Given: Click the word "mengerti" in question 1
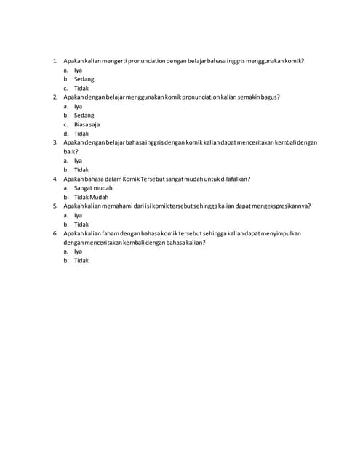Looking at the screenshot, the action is click(113, 61).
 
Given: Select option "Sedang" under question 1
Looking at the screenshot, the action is click(84, 79).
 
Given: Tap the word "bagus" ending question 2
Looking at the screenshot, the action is click(269, 97).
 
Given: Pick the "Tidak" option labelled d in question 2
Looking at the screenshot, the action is click(81, 134).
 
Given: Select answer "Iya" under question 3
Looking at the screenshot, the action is click(78, 161).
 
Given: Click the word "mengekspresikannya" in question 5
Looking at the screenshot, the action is click(280, 206).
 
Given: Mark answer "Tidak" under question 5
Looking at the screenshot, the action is click(81, 224).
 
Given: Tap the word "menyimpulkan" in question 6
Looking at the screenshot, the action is click(279, 233).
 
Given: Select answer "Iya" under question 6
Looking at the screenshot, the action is click(78, 251).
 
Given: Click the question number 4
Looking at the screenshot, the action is click(55, 179).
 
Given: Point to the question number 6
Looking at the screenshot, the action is click(55, 233).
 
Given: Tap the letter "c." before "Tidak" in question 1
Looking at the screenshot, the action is click(65, 88).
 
